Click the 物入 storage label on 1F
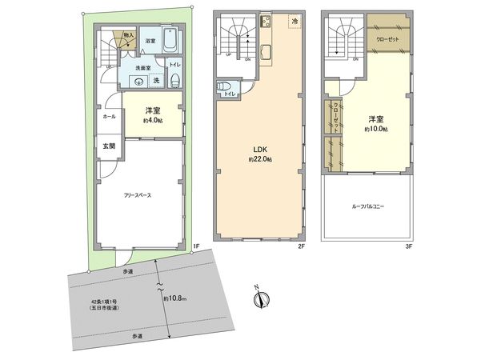point(129,35)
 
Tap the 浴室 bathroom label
point(150,40)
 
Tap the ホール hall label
point(109,117)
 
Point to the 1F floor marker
point(194,246)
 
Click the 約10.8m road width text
point(176,298)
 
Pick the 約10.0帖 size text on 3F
point(375,129)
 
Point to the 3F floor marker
point(410,246)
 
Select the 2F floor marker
point(303,246)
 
